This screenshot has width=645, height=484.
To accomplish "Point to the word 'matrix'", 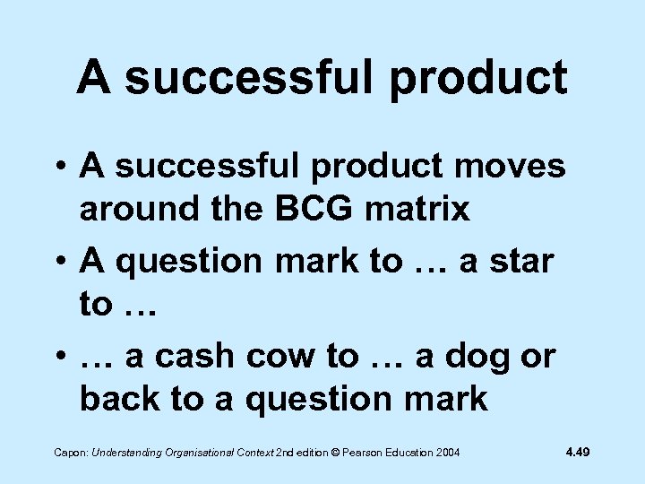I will pyautogui.click(x=424, y=209).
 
